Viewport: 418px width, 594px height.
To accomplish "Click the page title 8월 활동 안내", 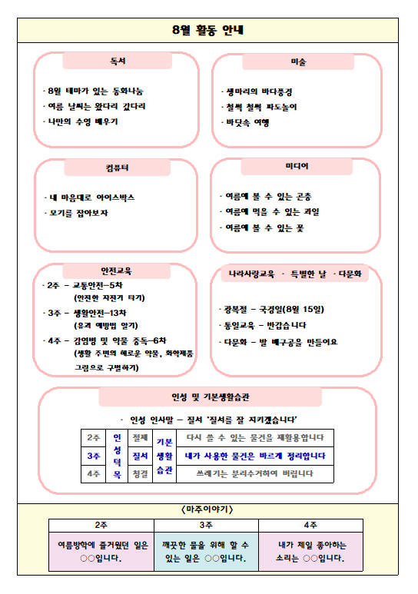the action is coord(208,31).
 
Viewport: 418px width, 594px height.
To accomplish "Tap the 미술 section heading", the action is coord(297,61).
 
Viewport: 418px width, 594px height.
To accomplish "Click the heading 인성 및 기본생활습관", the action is coord(209,397).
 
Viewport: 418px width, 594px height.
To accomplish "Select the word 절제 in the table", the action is coord(140,437).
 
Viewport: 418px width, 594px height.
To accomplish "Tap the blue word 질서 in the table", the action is coord(140,456).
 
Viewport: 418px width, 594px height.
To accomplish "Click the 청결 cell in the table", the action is coord(140,474).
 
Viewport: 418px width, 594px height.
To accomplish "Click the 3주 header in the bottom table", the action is coord(206,525).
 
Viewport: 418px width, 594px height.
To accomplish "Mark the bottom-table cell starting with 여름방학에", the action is coord(101,551).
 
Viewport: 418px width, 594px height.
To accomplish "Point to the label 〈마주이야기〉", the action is coord(208,509).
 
